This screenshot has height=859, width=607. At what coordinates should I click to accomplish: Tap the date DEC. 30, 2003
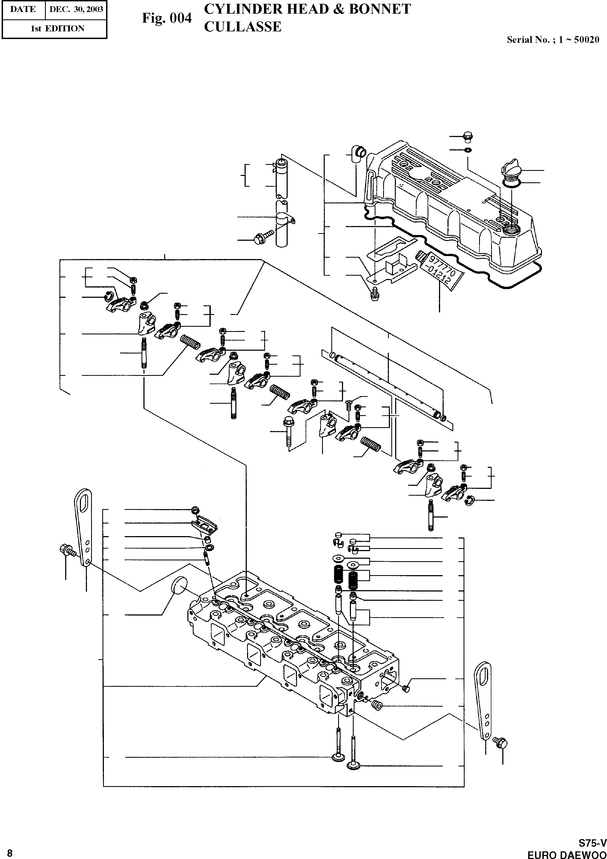tap(76, 9)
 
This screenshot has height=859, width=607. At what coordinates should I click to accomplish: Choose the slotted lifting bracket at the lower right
tap(484, 700)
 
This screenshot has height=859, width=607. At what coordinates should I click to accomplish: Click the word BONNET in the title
tap(380, 9)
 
